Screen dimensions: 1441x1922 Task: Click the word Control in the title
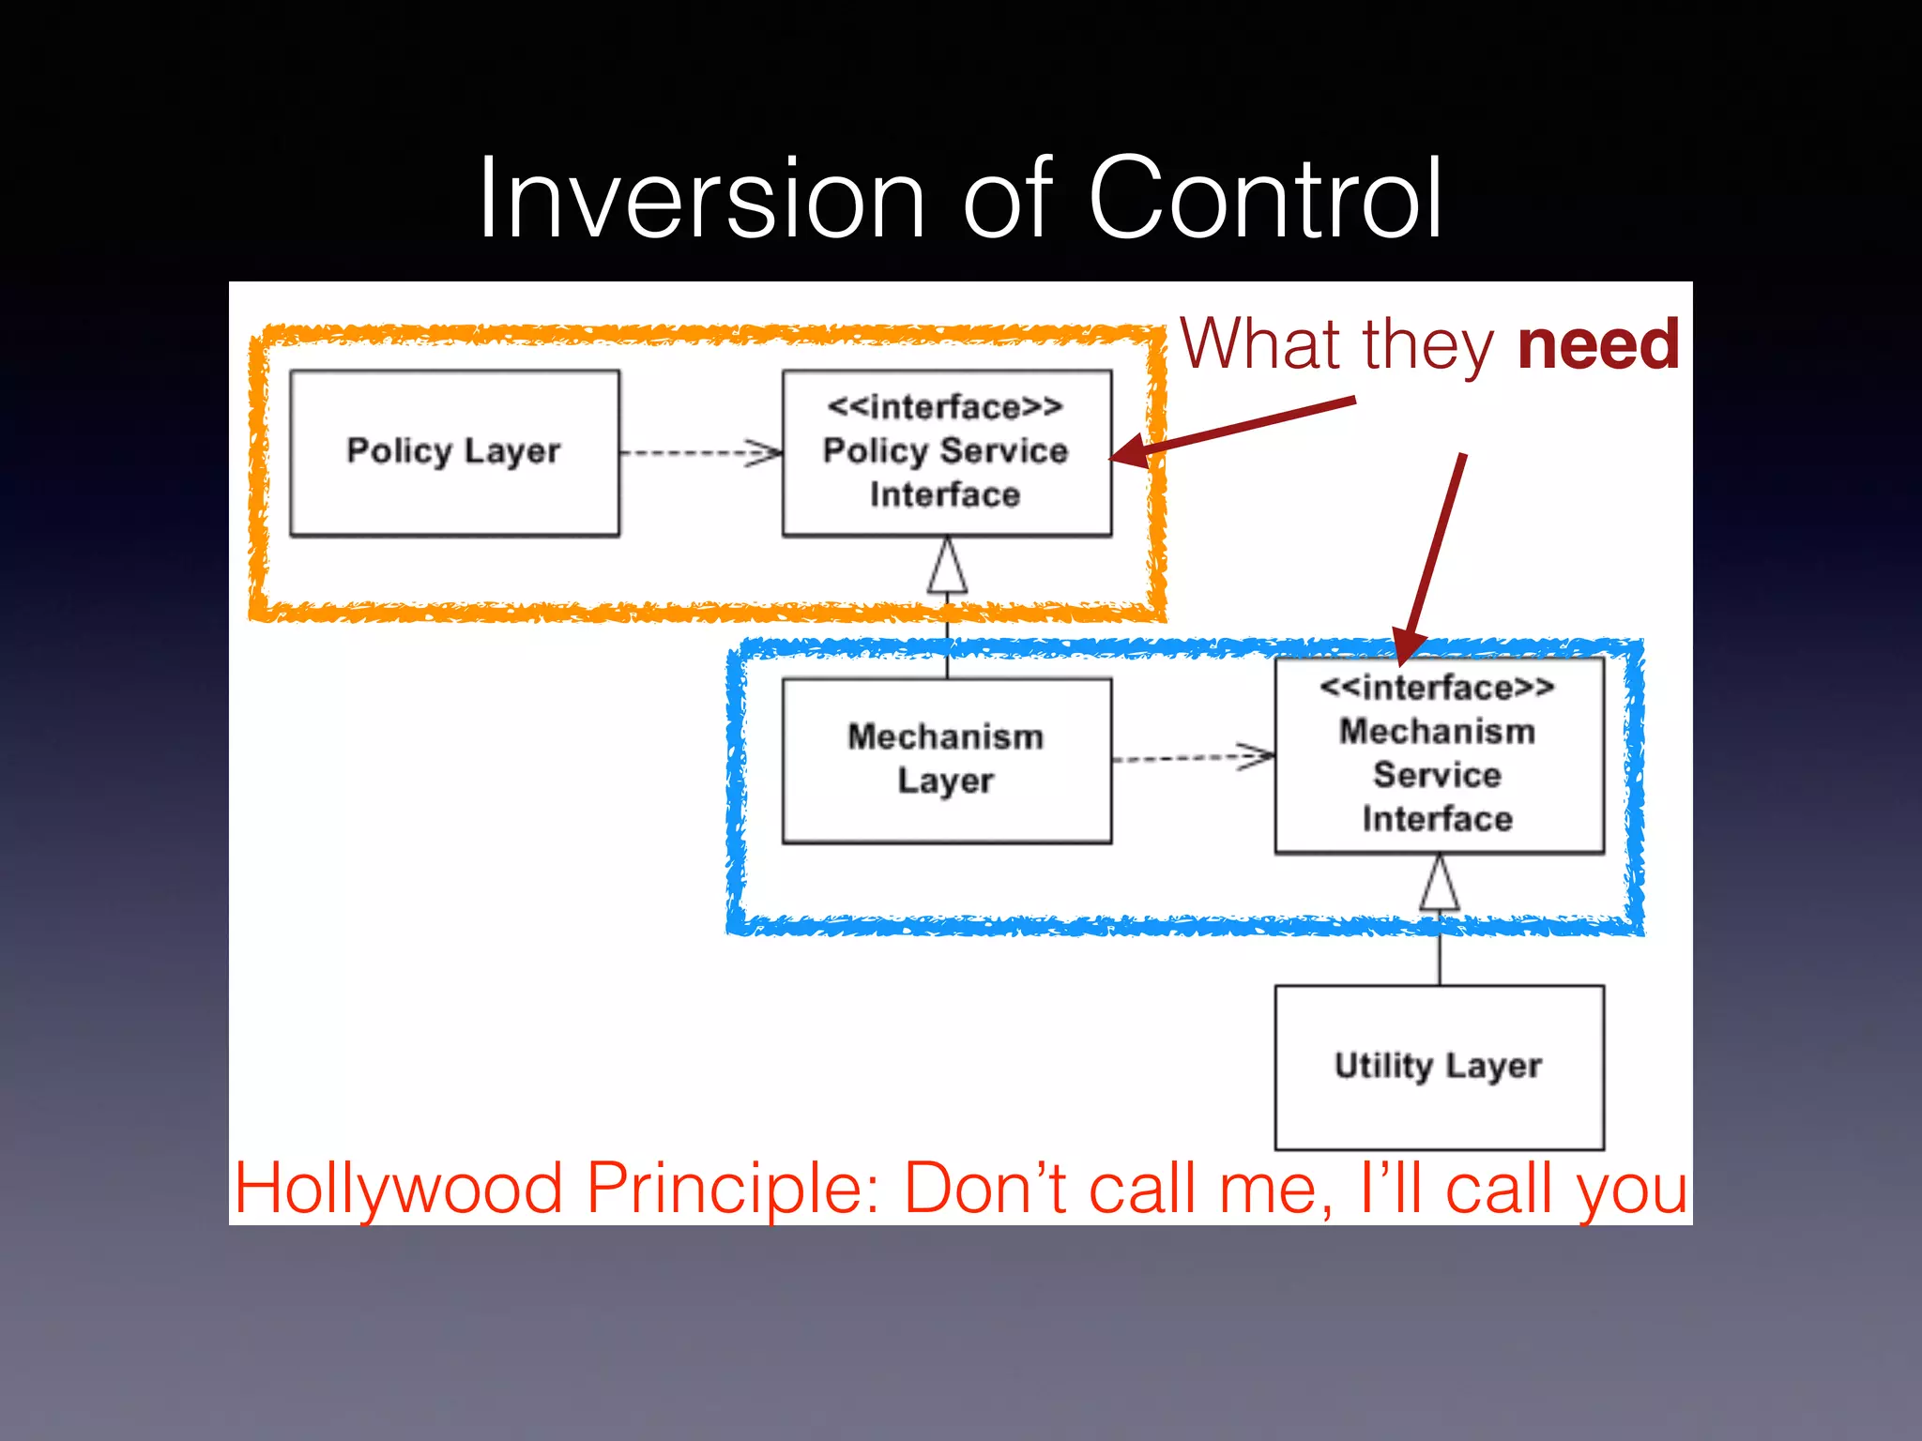coord(1263,199)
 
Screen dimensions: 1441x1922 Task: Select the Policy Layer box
coord(454,452)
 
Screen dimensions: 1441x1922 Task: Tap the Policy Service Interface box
coord(946,452)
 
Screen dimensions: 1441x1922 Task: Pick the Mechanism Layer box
coord(946,760)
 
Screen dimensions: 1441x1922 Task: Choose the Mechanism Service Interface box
coord(1438,755)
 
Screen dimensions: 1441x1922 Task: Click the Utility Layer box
coord(1438,1067)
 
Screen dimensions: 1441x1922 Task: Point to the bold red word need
coord(1598,344)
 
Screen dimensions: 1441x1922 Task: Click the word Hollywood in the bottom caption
coord(398,1189)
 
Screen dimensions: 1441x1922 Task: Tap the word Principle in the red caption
coord(732,1189)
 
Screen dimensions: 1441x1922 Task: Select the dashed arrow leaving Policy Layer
coord(700,453)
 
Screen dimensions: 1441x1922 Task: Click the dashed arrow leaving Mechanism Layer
coord(1192,756)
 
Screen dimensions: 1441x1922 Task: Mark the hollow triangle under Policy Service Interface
coord(947,567)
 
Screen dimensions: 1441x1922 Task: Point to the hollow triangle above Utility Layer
coord(1439,884)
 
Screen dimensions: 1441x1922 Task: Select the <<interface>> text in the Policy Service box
coord(945,407)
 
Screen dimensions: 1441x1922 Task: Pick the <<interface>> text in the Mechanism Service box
coord(1437,688)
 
